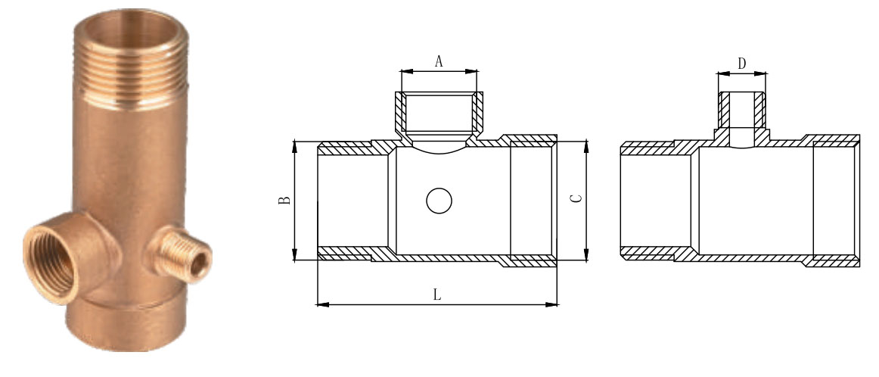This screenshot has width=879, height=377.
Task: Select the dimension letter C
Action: tap(576, 199)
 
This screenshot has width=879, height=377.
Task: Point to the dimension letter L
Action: tap(437, 295)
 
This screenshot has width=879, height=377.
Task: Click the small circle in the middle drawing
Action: tap(439, 201)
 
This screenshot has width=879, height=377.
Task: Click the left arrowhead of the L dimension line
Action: tap(320, 304)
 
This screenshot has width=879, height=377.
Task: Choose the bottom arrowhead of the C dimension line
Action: tap(587, 257)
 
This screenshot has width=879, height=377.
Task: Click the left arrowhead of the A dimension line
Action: tap(404, 71)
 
